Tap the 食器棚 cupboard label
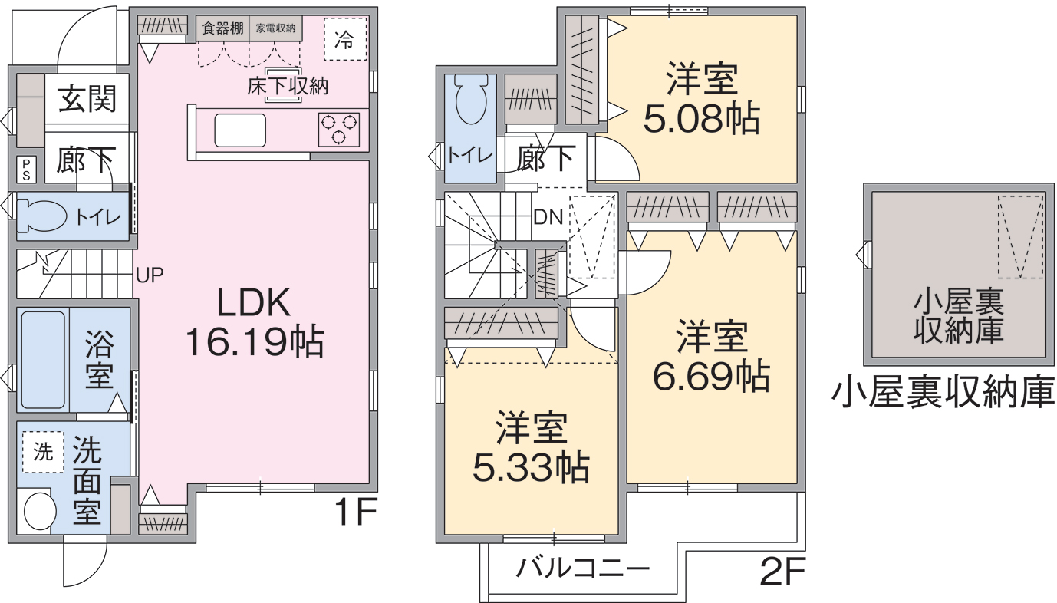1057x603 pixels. pyautogui.click(x=222, y=28)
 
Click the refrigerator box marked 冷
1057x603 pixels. pyautogui.click(x=345, y=39)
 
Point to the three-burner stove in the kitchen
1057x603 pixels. pyautogui.click(x=338, y=130)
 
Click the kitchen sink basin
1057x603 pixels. pyautogui.click(x=240, y=130)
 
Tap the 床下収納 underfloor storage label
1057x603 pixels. pyautogui.click(x=288, y=87)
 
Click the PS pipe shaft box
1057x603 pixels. pyautogui.click(x=26, y=170)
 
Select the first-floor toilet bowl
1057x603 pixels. pyautogui.click(x=42, y=216)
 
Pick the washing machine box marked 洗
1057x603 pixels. pyautogui.click(x=43, y=452)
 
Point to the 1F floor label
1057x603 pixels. pyautogui.click(x=355, y=512)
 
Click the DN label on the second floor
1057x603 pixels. pyautogui.click(x=548, y=217)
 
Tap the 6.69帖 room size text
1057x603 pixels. pyautogui.click(x=712, y=376)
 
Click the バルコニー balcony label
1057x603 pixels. pyautogui.click(x=582, y=568)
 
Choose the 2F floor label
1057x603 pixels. pyautogui.click(x=783, y=572)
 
